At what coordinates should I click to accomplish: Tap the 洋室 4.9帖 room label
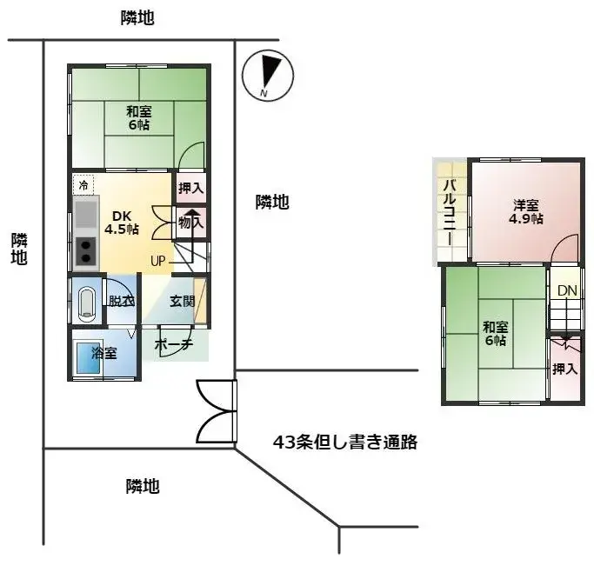(526, 212)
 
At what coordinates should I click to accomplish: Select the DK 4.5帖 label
(122, 223)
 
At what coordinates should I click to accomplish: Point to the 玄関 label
(182, 301)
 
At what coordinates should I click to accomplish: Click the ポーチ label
(174, 344)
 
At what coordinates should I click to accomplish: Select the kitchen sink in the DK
(86, 213)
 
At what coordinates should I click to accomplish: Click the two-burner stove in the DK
(86, 251)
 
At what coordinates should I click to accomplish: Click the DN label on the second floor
(567, 290)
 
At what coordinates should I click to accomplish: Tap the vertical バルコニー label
(451, 212)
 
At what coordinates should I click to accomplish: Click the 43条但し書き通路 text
(345, 443)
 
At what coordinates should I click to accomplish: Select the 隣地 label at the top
(137, 18)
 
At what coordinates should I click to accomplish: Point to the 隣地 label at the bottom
(142, 486)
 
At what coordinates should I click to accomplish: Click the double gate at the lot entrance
(217, 412)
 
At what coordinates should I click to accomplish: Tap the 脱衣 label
(121, 302)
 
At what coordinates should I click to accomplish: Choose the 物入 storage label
(190, 223)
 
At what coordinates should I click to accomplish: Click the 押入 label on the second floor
(565, 369)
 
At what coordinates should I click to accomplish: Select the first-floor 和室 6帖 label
(137, 117)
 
